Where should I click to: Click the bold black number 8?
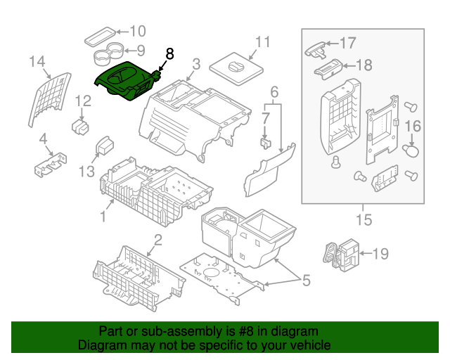170,53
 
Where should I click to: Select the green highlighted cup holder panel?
127,81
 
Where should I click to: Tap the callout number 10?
138,31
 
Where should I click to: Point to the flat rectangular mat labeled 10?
100,37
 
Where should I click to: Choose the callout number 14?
37,61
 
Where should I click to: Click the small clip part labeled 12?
80,127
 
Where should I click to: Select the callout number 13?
86,172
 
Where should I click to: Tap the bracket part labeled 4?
51,165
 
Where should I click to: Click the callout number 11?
262,42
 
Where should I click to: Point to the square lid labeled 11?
236,69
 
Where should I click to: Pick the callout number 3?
196,64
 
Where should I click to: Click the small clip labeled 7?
266,143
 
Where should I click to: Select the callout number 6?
274,92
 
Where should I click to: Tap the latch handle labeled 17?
315,51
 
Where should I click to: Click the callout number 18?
364,65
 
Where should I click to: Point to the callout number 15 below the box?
364,219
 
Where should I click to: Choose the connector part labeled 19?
342,255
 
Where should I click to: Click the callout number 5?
307,280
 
